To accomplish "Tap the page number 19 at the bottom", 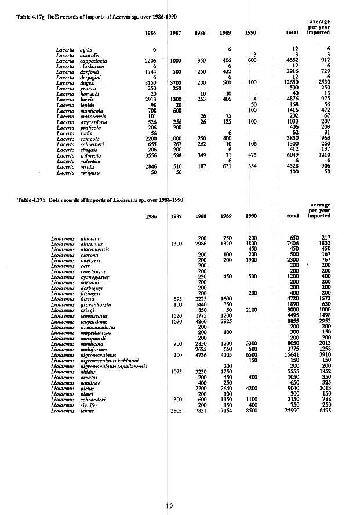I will click(x=169, y=506).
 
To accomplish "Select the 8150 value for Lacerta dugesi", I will click(x=151, y=82).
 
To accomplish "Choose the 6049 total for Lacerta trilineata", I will click(x=291, y=155).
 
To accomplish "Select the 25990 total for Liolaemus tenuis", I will click(x=290, y=410).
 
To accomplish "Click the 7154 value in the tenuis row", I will click(x=226, y=410).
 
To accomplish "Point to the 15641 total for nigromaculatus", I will click(x=290, y=355).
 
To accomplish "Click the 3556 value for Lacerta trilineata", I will click(x=151, y=155).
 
